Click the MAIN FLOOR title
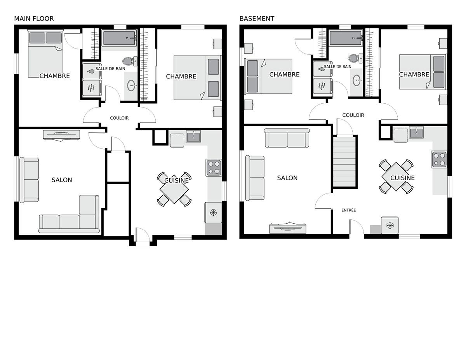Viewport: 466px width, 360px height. tap(34, 19)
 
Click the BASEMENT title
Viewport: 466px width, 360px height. tap(257, 19)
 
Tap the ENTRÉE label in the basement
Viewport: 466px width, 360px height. tap(348, 210)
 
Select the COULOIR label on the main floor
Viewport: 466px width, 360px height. tap(119, 118)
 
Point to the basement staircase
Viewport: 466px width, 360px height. tap(344, 162)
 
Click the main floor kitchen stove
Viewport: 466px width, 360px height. tap(214, 167)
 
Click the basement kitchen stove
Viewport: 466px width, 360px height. tap(439, 160)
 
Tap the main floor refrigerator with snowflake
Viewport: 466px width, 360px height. tap(213, 213)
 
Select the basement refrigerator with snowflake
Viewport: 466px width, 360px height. tap(389, 225)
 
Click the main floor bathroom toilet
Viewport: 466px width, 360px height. tap(130, 61)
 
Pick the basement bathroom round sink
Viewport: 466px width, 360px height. tap(357, 80)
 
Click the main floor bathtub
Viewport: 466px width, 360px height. tap(119, 38)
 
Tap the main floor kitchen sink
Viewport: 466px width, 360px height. tap(193, 136)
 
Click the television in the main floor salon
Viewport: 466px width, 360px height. tap(61, 135)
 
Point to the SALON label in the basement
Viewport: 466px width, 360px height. tap(287, 178)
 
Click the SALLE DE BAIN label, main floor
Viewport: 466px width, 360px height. tap(110, 69)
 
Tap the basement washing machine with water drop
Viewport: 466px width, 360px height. tap(322, 69)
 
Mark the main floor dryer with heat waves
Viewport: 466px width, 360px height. tap(92, 88)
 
